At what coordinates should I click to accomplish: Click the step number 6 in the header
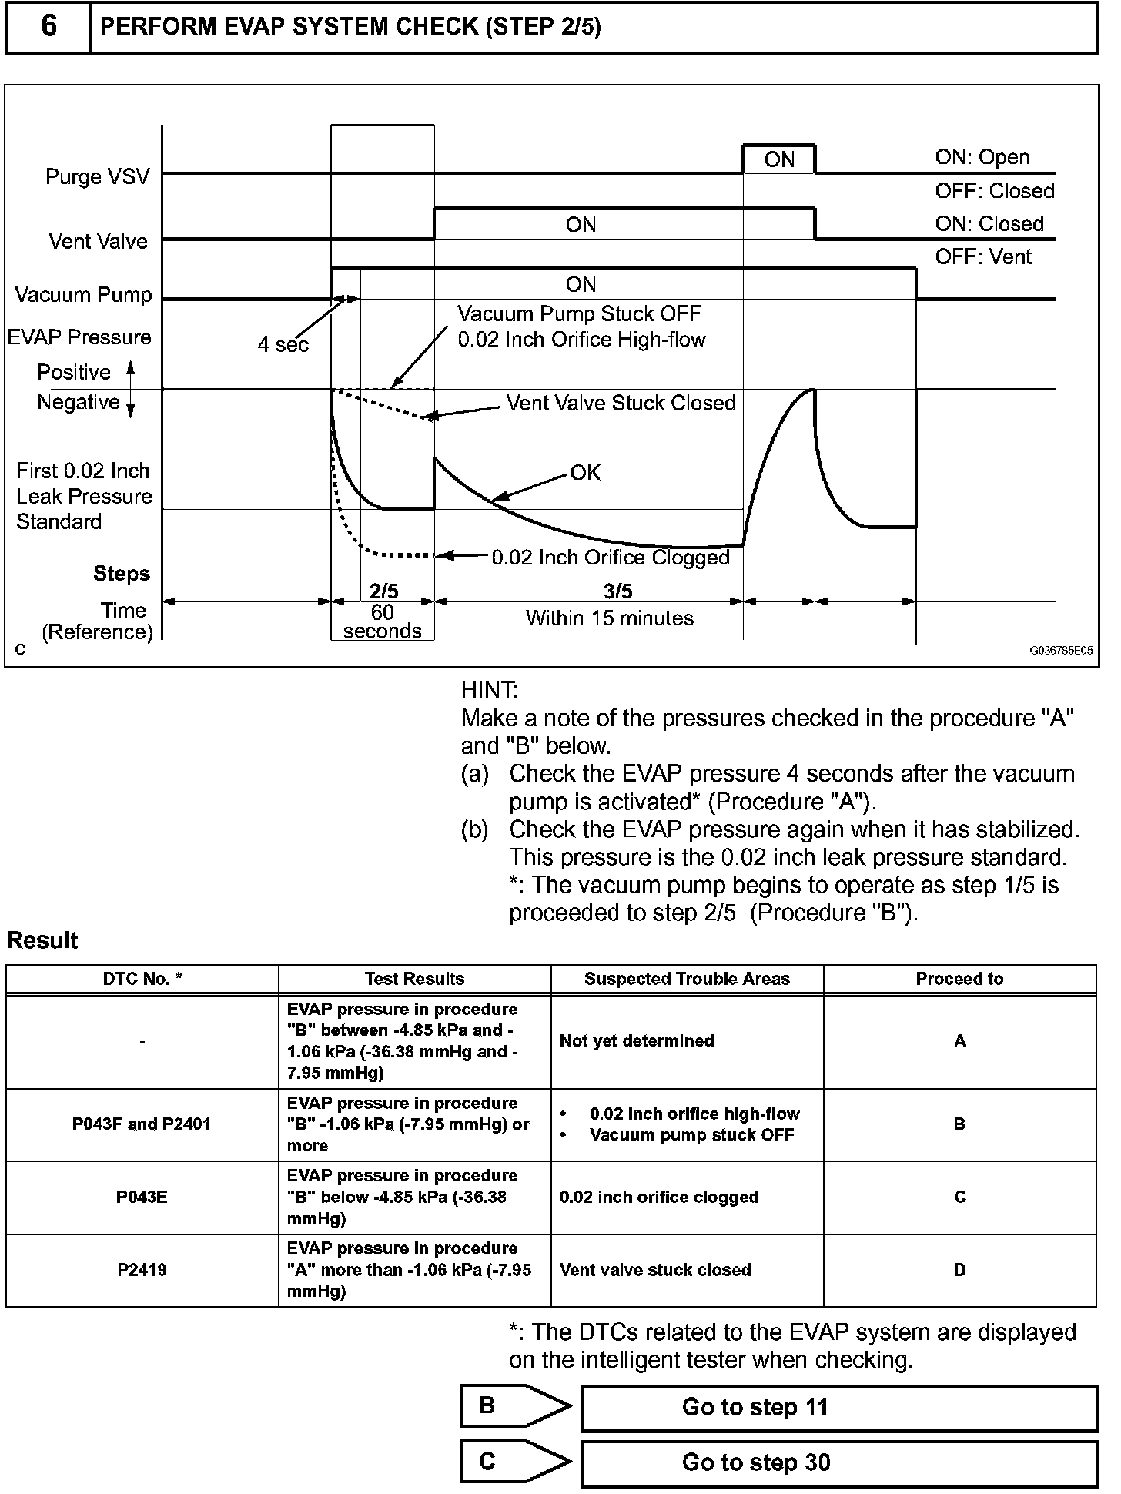click(x=48, y=27)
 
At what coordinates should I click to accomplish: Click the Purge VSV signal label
click(x=98, y=176)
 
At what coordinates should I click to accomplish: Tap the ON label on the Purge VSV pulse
click(x=779, y=159)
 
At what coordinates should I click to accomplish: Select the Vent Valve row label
click(x=98, y=241)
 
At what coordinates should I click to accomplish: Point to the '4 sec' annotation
click(x=283, y=344)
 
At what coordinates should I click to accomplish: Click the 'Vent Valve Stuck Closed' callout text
click(x=621, y=403)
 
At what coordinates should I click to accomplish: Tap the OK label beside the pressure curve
click(x=585, y=472)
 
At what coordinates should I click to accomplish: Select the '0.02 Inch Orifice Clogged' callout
click(x=611, y=557)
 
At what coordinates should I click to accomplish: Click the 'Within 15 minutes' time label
click(x=609, y=618)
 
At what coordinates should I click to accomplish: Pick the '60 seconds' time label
click(x=383, y=621)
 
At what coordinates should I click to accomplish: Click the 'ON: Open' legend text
click(x=982, y=157)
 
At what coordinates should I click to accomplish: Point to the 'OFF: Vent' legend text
click(x=982, y=256)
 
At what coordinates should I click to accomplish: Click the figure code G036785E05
click(x=1061, y=650)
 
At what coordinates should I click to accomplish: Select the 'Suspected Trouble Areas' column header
click(x=687, y=979)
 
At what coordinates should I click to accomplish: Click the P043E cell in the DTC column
click(x=142, y=1197)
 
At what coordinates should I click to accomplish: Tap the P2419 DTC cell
click(x=142, y=1270)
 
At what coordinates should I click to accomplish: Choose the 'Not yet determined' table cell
click(x=637, y=1040)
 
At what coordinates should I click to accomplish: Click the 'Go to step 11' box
click(x=838, y=1407)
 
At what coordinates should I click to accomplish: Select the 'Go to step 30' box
click(x=838, y=1462)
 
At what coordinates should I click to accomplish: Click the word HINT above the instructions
click(x=490, y=689)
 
